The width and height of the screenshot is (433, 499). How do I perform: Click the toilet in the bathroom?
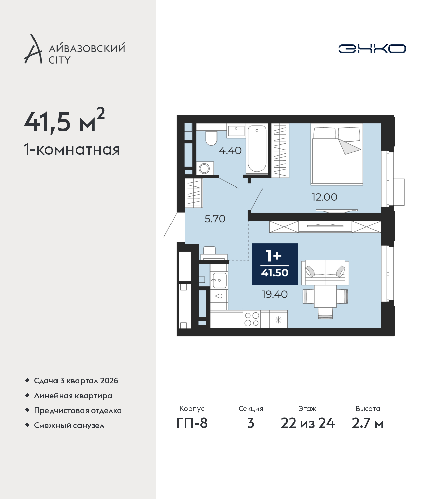pyautogui.click(x=211, y=138)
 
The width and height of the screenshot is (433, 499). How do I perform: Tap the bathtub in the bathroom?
pyautogui.click(x=257, y=149)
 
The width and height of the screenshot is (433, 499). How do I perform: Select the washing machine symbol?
pyautogui.click(x=205, y=168)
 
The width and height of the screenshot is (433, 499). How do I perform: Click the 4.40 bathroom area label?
pyautogui.click(x=230, y=151)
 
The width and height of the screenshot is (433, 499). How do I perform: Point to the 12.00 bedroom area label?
pyautogui.click(x=324, y=197)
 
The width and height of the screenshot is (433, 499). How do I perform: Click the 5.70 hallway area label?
pyautogui.click(x=215, y=219)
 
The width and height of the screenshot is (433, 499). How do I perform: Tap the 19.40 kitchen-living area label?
pyautogui.click(x=275, y=294)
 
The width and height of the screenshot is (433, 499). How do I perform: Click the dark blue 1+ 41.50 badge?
pyautogui.click(x=275, y=264)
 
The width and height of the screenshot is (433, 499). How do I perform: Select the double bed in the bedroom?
pyautogui.click(x=337, y=154)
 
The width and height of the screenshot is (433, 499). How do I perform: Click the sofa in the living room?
pyautogui.click(x=325, y=273)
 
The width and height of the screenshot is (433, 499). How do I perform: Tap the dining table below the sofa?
pyautogui.click(x=325, y=297)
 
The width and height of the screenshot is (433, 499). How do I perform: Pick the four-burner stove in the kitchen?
pyautogui.click(x=252, y=319)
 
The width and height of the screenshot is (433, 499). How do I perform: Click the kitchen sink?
pyautogui.click(x=220, y=280)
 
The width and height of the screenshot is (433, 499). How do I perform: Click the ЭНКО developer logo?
pyautogui.click(x=372, y=49)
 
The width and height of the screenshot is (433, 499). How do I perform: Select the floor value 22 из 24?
pyautogui.click(x=307, y=423)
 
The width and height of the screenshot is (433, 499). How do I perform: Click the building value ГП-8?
pyautogui.click(x=192, y=423)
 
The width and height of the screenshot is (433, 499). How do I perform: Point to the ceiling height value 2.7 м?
pyautogui.click(x=367, y=423)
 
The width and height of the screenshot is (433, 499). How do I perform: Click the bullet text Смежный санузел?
pyautogui.click(x=69, y=425)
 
